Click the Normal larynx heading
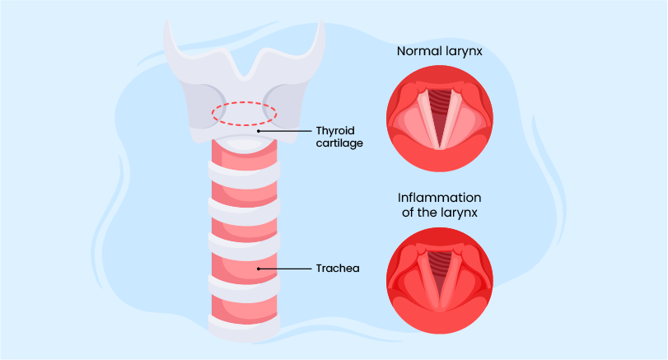(x=439, y=51)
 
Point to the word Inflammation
(x=439, y=199)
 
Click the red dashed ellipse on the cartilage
(x=243, y=113)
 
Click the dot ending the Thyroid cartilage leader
(x=258, y=130)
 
